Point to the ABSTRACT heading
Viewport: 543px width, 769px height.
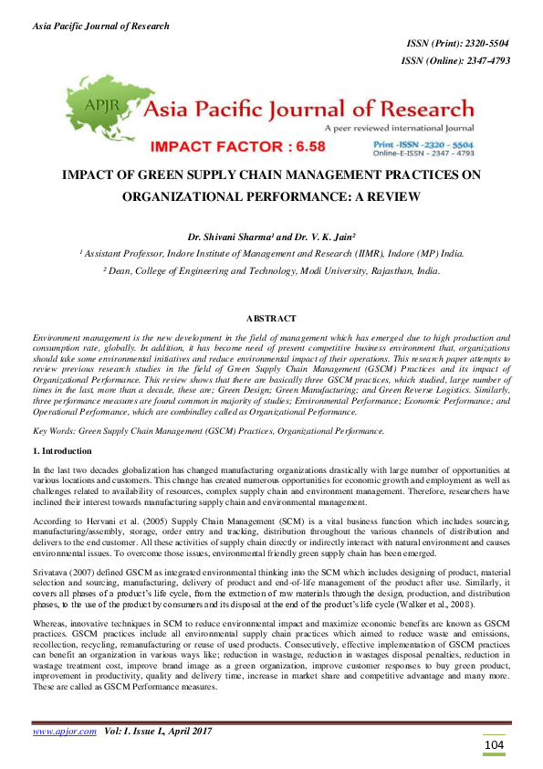coord(271,318)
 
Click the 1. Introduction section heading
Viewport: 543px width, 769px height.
coord(63,451)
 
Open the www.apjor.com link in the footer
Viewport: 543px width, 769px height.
coord(65,732)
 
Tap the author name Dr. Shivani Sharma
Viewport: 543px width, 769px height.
coord(245,235)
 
